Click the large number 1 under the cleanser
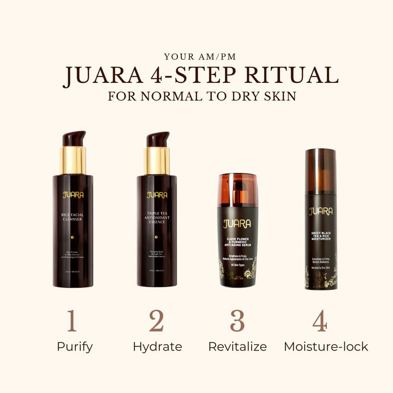point(72,321)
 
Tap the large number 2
point(157,321)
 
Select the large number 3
point(237,321)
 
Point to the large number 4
point(320,321)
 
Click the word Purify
point(75,347)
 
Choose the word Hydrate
point(157,347)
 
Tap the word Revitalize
point(237,347)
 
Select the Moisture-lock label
point(326,347)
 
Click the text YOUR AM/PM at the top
point(196,56)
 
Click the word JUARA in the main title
point(99,76)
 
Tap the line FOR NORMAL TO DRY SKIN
point(202,97)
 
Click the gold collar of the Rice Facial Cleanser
point(73,160)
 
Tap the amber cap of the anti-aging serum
point(237,189)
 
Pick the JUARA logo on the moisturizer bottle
point(320,211)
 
